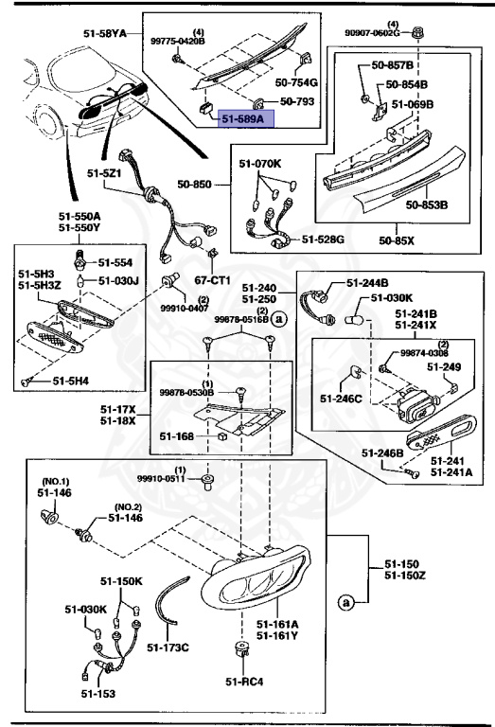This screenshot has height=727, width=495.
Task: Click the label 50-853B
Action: click(x=427, y=204)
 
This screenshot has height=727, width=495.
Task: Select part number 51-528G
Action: click(x=324, y=239)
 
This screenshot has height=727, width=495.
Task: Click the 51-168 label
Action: click(x=177, y=436)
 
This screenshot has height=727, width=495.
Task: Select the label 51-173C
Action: click(x=169, y=647)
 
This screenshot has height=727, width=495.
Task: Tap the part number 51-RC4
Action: click(x=244, y=681)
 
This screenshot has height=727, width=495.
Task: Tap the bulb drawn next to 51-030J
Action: click(x=82, y=281)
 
